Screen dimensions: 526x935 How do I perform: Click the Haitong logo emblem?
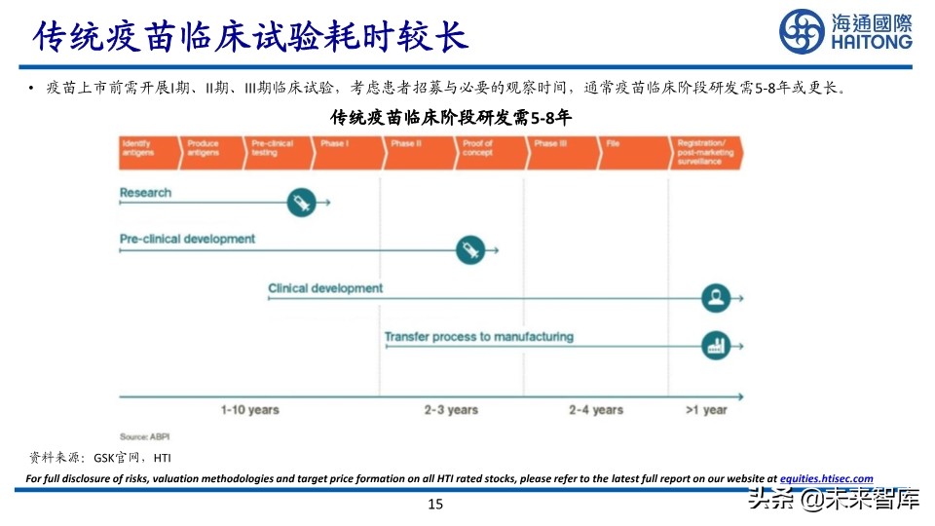pos(801,32)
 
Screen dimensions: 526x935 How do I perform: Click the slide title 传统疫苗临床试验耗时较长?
pos(251,36)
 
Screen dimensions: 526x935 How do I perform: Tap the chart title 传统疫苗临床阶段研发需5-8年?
pos(450,118)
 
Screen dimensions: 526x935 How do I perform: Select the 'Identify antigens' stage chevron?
pos(147,153)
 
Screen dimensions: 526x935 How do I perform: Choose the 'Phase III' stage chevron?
pos(559,153)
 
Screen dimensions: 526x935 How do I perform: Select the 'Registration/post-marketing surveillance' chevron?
pos(707,153)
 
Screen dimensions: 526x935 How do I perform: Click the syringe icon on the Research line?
pos(301,203)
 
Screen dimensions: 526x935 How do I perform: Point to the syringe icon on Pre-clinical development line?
pos(470,250)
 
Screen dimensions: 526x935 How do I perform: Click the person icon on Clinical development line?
pos(716,298)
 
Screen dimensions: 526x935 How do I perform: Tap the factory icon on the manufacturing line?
pos(716,345)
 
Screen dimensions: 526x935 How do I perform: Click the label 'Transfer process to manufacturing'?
pos(478,337)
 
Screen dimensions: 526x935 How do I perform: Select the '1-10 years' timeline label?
pos(249,410)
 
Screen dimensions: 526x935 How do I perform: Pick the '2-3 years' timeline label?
pos(451,410)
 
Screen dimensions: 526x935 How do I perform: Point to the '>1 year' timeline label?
pos(706,410)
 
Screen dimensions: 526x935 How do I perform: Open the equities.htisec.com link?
pos(827,478)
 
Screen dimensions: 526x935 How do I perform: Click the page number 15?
pos(435,504)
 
